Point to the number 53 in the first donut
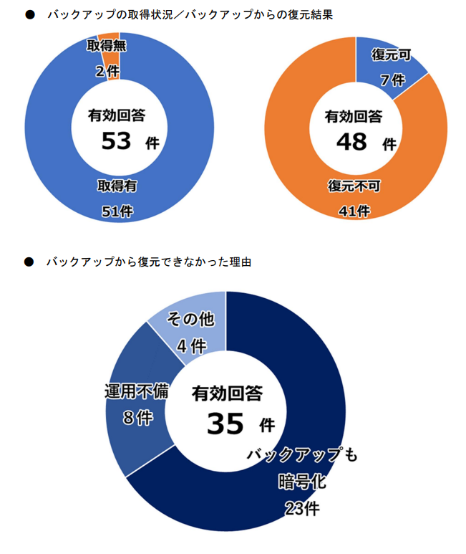[x=116, y=141]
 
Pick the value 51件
[x=117, y=211]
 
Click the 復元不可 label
[x=354, y=186]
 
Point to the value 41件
[x=354, y=211]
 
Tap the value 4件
[x=191, y=345]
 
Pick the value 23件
[x=301, y=508]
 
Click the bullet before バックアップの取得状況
[x=29, y=14]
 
